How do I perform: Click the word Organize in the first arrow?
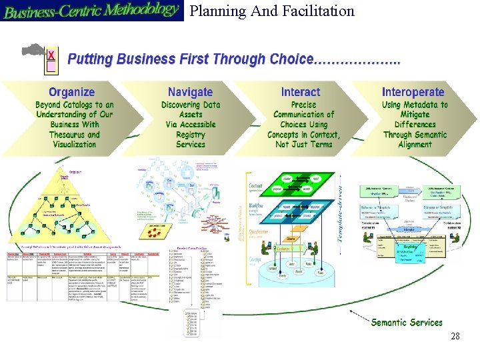coord(72,92)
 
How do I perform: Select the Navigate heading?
coord(190,92)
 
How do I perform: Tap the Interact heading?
coord(301,92)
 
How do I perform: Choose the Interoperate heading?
coord(413,92)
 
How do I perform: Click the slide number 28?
coord(455,337)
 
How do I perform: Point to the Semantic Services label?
coord(407,323)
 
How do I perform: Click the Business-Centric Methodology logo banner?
coord(91,11)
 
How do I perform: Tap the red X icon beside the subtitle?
coord(51,53)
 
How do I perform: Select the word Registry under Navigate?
coord(191,135)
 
